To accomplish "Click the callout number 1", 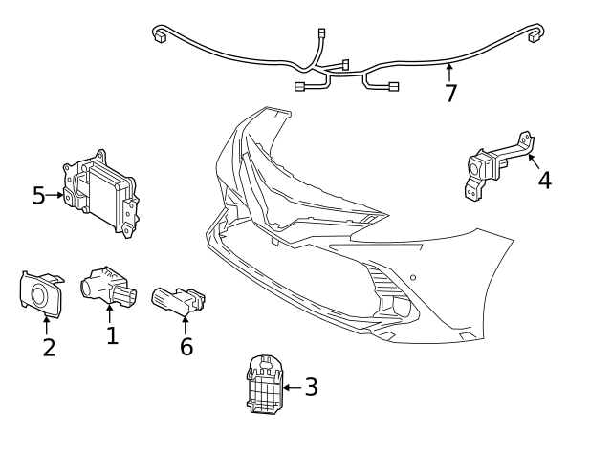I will [x=112, y=335].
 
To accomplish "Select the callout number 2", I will [x=48, y=346].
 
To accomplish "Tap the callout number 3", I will [x=311, y=387].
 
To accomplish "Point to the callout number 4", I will [x=544, y=180].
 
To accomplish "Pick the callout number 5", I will [x=38, y=196].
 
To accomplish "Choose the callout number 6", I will [x=186, y=346].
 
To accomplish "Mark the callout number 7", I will [x=450, y=93].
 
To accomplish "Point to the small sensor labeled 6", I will [x=177, y=300].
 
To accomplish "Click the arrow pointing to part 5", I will [x=55, y=196].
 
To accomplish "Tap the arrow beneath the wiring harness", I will [x=449, y=71].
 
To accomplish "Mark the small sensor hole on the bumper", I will [x=412, y=278].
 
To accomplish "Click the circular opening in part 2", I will [x=41, y=294].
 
